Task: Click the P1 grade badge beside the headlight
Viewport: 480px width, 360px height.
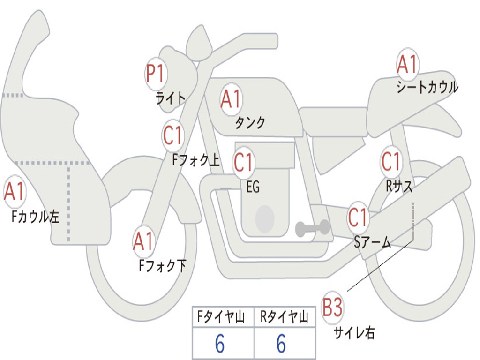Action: pyautogui.click(x=156, y=74)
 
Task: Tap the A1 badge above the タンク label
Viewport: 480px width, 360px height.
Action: pyautogui.click(x=231, y=99)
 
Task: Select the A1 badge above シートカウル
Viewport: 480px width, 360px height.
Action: pyautogui.click(x=407, y=64)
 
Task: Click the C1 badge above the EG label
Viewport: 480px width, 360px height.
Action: pyautogui.click(x=244, y=162)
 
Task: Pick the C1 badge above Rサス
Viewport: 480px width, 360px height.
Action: pyautogui.click(x=391, y=161)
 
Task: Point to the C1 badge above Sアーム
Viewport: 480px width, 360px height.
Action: pyautogui.click(x=358, y=217)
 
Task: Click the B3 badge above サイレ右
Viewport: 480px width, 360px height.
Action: pyautogui.click(x=333, y=307)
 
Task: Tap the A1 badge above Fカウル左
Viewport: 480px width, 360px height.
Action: pyautogui.click(x=15, y=191)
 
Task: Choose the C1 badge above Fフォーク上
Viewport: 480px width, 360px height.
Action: pyautogui.click(x=173, y=135)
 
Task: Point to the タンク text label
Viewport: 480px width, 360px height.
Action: pyautogui.click(x=250, y=122)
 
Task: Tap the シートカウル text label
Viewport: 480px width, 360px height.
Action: pyautogui.click(x=427, y=87)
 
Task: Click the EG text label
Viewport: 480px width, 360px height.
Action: pyautogui.click(x=253, y=187)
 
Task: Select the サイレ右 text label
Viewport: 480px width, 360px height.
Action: pyautogui.click(x=354, y=332)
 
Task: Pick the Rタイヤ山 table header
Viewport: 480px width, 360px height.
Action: pyautogui.click(x=284, y=316)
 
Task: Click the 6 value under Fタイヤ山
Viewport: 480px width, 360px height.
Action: pyautogui.click(x=220, y=344)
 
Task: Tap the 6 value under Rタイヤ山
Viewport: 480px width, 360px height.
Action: pyautogui.click(x=281, y=344)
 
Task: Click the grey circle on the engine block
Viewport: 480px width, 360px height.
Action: pyautogui.click(x=265, y=219)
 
